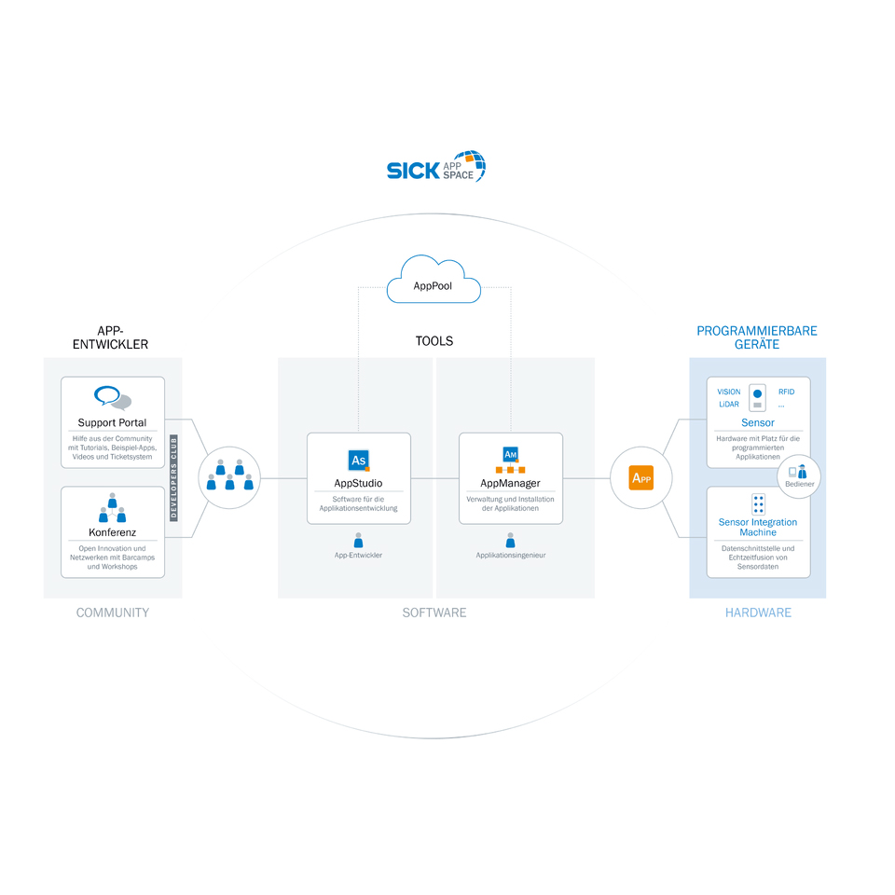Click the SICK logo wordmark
(413, 171)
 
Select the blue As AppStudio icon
(358, 461)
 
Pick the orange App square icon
(641, 478)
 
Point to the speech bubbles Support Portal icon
(112, 398)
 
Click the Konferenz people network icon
(112, 509)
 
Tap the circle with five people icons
(229, 477)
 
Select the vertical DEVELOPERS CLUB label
(174, 477)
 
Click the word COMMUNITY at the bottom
(112, 613)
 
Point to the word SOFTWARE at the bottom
(434, 613)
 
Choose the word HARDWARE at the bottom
(758, 613)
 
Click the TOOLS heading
(434, 341)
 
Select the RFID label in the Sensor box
(786, 392)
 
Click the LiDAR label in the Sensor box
(729, 405)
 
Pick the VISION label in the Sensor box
(729, 392)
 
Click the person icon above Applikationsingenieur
(510, 540)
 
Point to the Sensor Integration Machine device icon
(758, 504)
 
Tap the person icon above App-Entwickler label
(358, 540)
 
